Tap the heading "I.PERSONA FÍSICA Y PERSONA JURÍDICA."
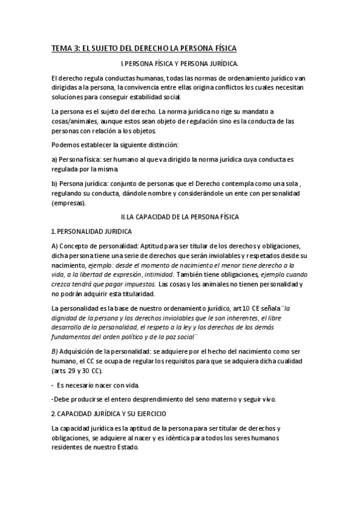point(180,63)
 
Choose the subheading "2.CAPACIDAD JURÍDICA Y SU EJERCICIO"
point(110,414)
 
